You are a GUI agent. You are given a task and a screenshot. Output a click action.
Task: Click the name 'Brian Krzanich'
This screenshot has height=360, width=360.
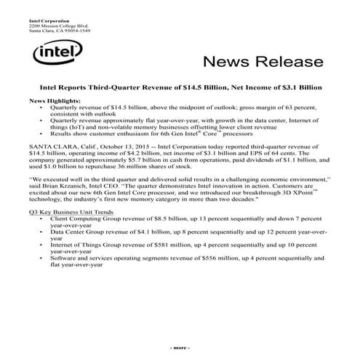[66, 184]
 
